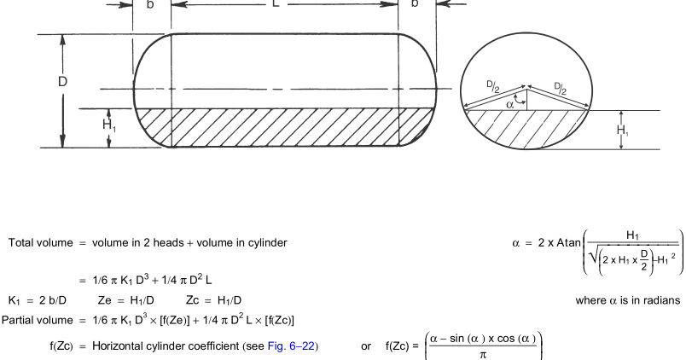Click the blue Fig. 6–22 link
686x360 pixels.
tap(291, 346)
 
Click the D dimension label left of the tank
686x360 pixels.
tap(62, 81)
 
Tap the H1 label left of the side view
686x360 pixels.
tap(109, 125)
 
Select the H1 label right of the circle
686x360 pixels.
tap(623, 130)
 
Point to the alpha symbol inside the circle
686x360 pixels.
tap(509, 105)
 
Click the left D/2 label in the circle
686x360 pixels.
tap(493, 86)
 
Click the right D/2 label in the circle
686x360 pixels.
tap(561, 88)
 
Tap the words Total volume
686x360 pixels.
tap(41, 243)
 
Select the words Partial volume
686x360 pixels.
tap(38, 320)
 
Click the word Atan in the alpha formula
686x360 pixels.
tap(569, 243)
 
